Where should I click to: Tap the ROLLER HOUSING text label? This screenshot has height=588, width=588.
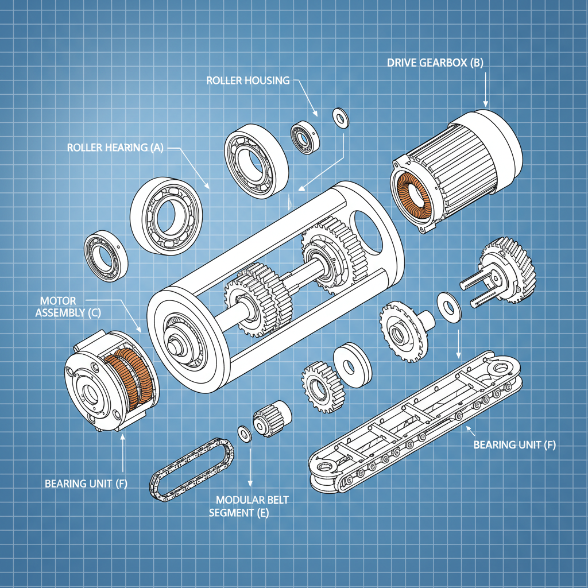pos(247,80)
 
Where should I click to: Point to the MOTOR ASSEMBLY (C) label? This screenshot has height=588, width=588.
pos(60,307)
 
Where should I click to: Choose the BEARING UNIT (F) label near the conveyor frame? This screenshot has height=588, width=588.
pos(514,445)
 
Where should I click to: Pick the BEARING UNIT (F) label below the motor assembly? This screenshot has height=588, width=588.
pos(86,483)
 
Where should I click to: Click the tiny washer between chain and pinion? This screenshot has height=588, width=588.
pos(244,434)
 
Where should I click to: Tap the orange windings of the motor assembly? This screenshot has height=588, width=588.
pos(131,380)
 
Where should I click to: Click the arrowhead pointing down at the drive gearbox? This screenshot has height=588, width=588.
pos(486,103)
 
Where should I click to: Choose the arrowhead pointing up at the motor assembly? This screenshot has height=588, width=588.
pos(123,438)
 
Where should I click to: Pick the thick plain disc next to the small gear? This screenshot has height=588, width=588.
pos(351,365)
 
